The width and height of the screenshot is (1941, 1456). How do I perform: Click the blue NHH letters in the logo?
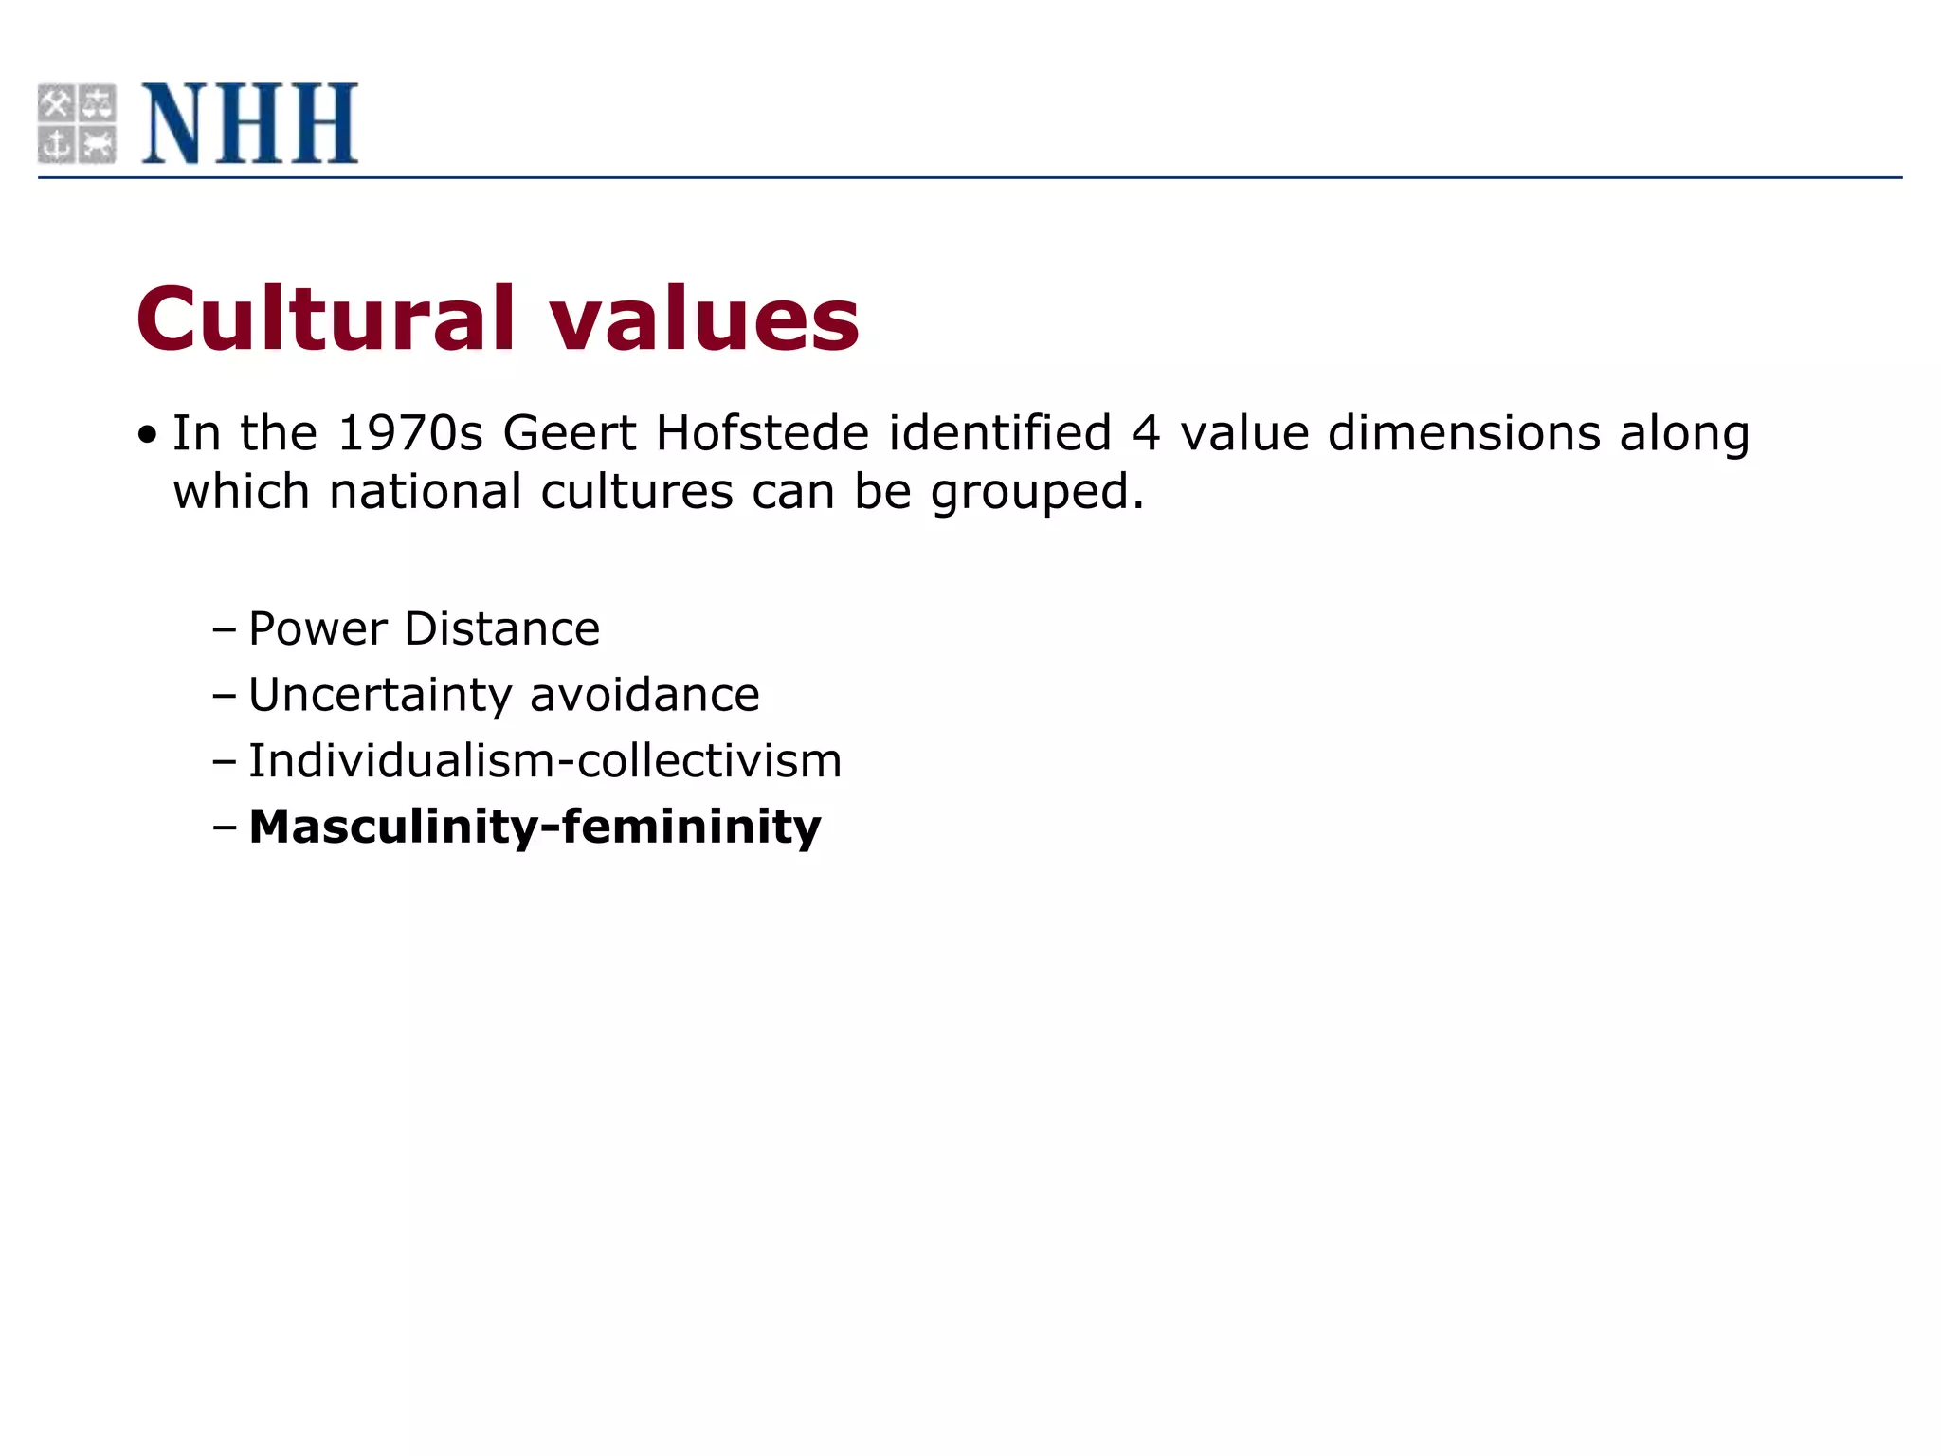(250, 123)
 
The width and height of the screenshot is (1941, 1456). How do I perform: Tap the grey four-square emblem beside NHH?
(77, 123)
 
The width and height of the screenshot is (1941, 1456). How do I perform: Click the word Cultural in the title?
(326, 318)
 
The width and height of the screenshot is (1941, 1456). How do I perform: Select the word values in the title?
(704, 318)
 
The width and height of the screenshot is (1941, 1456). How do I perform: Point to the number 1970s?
(410, 433)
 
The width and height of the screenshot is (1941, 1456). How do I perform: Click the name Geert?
(570, 433)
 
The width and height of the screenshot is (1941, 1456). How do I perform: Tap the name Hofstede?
(762, 433)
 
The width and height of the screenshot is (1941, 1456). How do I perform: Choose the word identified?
(1000, 433)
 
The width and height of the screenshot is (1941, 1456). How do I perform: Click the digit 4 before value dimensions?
(1146, 433)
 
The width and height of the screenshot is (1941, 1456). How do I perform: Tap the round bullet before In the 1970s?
(146, 436)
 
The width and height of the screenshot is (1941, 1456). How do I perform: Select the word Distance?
(502, 629)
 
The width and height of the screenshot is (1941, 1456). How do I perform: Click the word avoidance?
(644, 696)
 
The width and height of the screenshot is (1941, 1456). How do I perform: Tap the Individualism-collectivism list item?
(545, 761)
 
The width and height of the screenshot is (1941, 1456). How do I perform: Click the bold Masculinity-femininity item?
(535, 828)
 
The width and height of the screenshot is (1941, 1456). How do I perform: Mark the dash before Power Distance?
(225, 629)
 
